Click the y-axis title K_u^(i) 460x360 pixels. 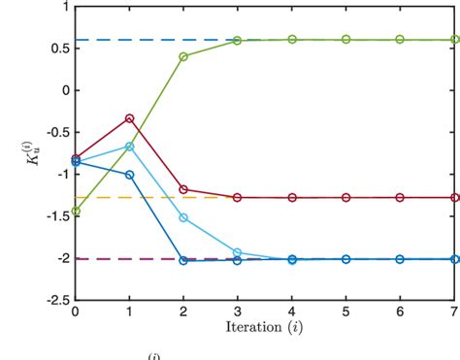[29, 153]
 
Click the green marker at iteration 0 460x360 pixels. [75, 211]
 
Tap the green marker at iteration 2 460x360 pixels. [183, 56]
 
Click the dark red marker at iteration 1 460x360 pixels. [129, 118]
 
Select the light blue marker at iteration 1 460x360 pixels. [129, 147]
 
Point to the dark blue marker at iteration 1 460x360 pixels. [129, 175]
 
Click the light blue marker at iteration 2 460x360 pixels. [183, 217]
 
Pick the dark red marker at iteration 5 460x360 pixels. [346, 197]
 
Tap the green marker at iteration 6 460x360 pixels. [401, 40]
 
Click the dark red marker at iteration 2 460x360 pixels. [183, 190]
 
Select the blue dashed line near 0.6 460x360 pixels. [146, 40]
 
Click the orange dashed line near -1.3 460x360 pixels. [116, 197]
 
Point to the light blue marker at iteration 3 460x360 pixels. [238, 252]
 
